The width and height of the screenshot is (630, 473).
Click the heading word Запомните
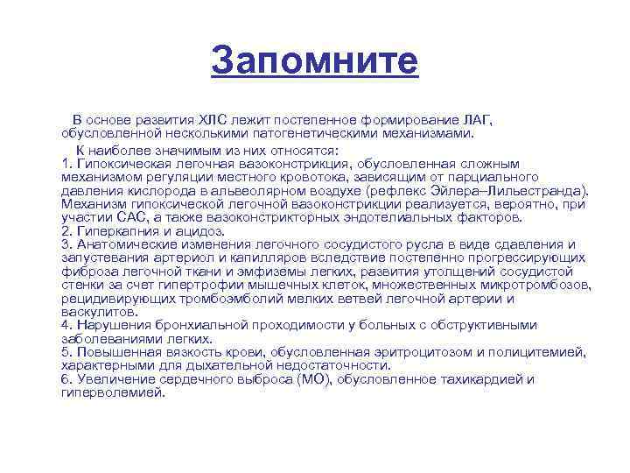315,61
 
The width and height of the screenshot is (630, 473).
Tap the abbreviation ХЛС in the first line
214,120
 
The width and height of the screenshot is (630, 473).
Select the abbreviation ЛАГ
476,120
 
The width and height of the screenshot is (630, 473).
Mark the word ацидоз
205,230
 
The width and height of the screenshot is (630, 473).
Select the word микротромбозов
534,285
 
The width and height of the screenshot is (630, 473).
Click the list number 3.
66,244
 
